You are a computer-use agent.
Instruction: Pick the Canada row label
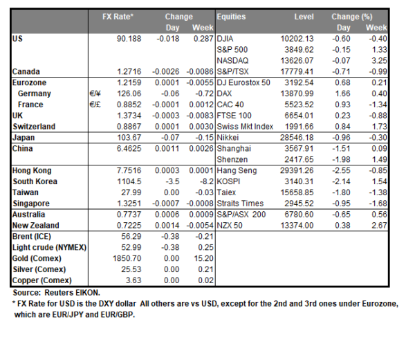coord(28,71)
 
